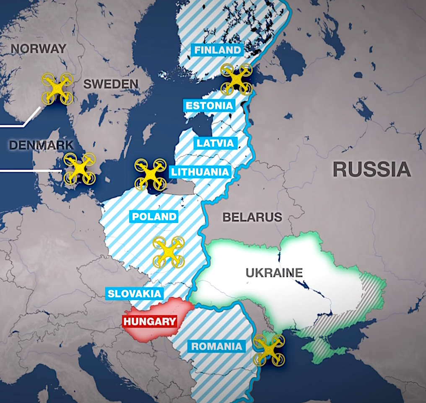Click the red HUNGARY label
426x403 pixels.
pyautogui.click(x=150, y=322)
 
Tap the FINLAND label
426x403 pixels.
pyautogui.click(x=218, y=50)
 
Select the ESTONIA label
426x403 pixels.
pyautogui.click(x=209, y=105)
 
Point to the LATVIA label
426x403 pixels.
pyautogui.click(x=215, y=143)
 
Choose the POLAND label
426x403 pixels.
pyautogui.click(x=154, y=217)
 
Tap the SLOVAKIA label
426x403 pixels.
pyautogui.click(x=134, y=294)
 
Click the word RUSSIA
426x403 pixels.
pyautogui.click(x=371, y=170)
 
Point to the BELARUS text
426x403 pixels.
pyautogui.click(x=252, y=217)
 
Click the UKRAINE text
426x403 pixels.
pyautogui.click(x=274, y=273)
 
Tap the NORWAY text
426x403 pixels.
pyautogui.click(x=38, y=48)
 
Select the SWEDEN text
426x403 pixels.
pyautogui.click(x=111, y=84)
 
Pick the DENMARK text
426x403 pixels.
pyautogui.click(x=41, y=145)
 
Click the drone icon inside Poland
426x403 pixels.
pyautogui.click(x=169, y=252)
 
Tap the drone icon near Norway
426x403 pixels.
pyautogui.click(x=57, y=88)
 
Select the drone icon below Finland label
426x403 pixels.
pyautogui.click(x=236, y=79)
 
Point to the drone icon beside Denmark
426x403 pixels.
pyautogui.click(x=80, y=169)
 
